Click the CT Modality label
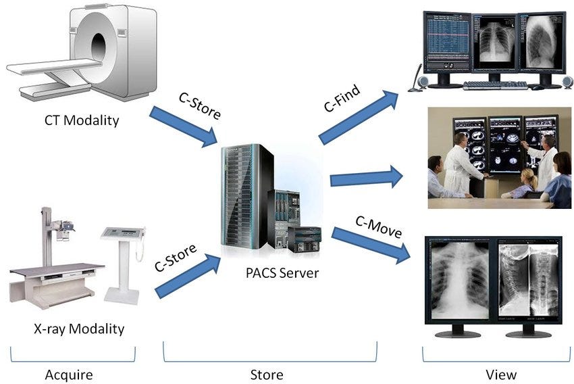tap(82, 121)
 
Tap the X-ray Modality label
tap(79, 329)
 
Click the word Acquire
tap(68, 374)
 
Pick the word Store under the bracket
tap(268, 374)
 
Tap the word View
tap(500, 374)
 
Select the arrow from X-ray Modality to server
tap(188, 274)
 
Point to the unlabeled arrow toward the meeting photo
tap(365, 178)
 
